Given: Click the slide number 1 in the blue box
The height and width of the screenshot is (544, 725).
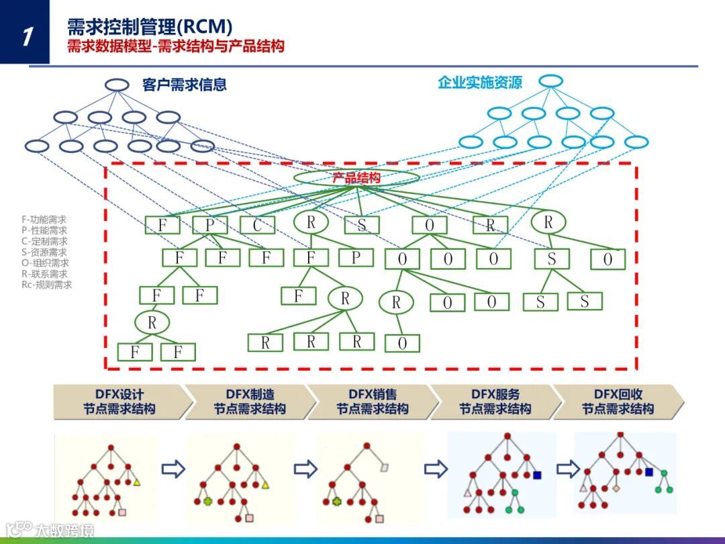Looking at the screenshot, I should click(26, 36).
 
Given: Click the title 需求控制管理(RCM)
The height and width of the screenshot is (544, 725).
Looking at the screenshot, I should click(150, 27).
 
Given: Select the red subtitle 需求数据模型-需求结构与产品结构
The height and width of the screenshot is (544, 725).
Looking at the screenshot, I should click(175, 46).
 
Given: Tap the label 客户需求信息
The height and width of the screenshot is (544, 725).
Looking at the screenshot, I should click(184, 85).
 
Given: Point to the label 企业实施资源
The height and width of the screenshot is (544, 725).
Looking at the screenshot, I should click(479, 83).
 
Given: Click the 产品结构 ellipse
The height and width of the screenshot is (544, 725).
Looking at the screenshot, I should click(356, 177).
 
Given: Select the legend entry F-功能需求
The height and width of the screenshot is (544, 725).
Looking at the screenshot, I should click(44, 219).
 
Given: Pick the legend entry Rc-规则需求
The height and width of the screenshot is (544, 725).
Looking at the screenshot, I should click(46, 285).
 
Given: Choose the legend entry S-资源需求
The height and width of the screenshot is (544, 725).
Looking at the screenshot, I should click(44, 252).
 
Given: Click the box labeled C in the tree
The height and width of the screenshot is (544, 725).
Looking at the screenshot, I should click(257, 225).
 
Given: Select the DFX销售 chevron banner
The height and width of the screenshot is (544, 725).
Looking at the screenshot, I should click(372, 402).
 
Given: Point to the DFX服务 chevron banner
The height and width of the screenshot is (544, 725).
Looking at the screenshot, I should click(495, 402).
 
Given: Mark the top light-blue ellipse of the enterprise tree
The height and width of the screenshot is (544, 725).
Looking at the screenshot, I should click(550, 81).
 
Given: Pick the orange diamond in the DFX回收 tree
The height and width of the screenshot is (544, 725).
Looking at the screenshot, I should click(616, 488).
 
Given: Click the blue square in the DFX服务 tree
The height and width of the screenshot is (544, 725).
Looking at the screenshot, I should click(537, 475).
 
